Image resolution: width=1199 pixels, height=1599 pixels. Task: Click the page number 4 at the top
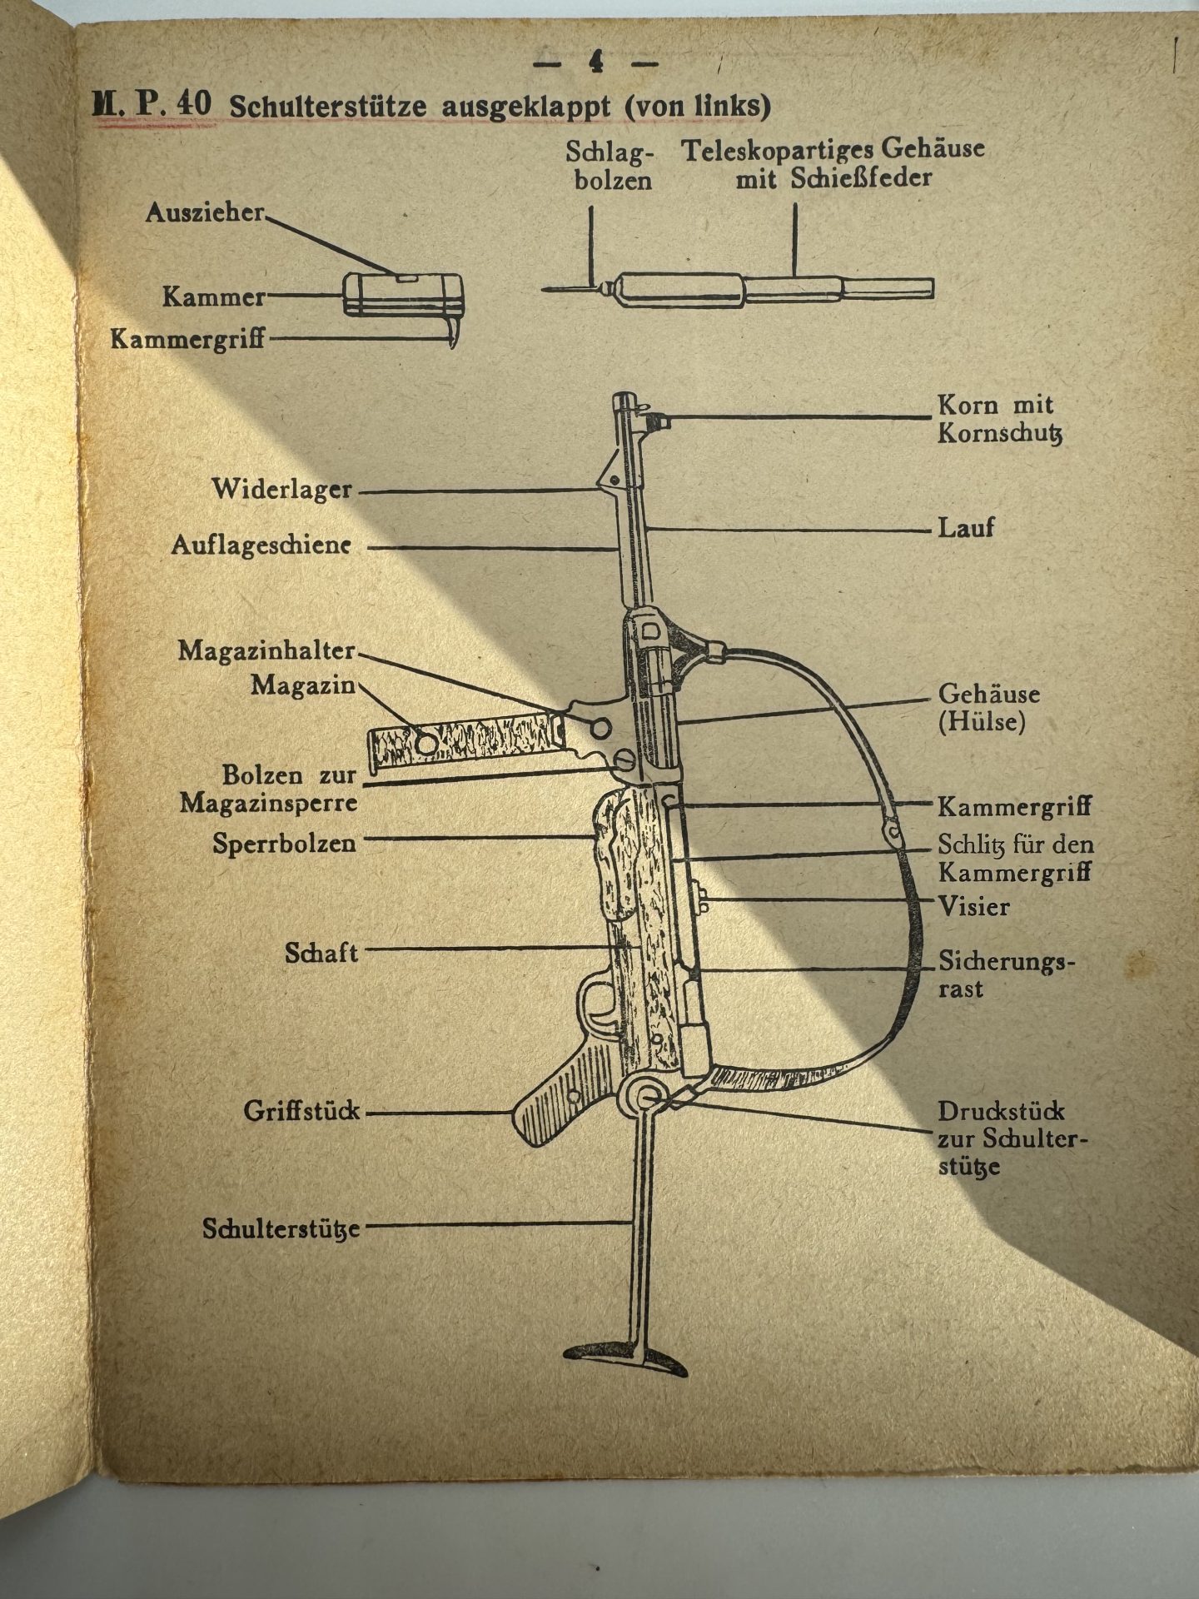(x=596, y=62)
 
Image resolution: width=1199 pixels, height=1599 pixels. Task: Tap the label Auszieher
(x=205, y=213)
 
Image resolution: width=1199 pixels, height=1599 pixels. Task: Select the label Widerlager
(x=282, y=489)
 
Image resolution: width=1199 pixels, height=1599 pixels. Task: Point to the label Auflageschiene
(x=261, y=546)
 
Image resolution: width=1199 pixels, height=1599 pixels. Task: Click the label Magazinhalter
(x=266, y=650)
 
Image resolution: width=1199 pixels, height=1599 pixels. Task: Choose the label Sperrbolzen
(x=284, y=843)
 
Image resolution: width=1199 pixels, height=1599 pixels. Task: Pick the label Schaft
(x=321, y=953)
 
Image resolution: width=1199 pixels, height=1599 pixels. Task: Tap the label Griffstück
(x=301, y=1111)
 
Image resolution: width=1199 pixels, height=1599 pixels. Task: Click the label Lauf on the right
(x=966, y=528)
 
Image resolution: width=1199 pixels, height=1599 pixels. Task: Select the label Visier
(x=973, y=906)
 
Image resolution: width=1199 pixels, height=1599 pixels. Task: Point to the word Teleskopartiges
(x=778, y=151)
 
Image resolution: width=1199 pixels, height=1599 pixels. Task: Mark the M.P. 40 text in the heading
(x=152, y=107)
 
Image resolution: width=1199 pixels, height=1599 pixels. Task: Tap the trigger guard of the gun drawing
(x=598, y=1006)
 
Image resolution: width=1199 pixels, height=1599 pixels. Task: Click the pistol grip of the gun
(x=555, y=1107)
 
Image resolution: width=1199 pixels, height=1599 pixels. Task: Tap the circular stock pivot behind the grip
(x=646, y=1098)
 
